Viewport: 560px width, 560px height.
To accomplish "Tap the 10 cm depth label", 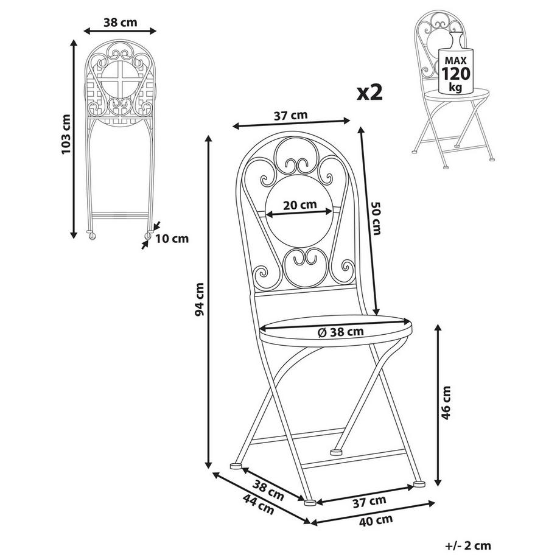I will pos(172,238).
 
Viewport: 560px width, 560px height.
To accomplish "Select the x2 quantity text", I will pos(369,92).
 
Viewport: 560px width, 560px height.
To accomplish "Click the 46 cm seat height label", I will pos(447,403).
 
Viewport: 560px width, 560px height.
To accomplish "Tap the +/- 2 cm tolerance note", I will pos(467,545).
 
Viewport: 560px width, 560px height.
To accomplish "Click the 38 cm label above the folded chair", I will pos(120,23).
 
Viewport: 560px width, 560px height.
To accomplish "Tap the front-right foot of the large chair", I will pos(418,484).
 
